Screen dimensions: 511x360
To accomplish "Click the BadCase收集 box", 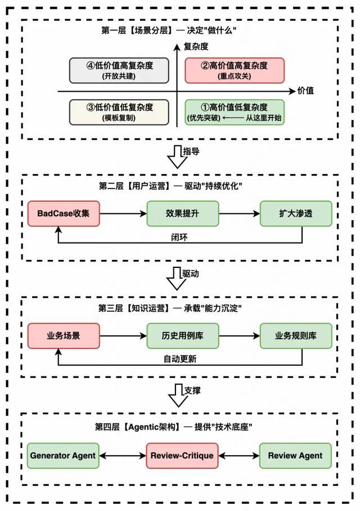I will [x=64, y=213].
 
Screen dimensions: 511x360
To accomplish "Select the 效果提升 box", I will [x=182, y=213].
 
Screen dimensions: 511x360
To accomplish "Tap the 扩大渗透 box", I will [x=296, y=213].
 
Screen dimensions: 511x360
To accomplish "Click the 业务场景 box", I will [x=64, y=336].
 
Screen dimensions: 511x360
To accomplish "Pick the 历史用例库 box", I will [x=182, y=336].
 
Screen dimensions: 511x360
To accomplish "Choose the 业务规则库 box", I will [x=296, y=336].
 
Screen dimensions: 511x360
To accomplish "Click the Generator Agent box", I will [x=64, y=455].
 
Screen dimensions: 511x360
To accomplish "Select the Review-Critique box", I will [x=182, y=455].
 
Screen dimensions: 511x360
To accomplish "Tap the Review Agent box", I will [x=296, y=455].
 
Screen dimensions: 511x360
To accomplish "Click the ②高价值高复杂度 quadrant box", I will [x=235, y=70].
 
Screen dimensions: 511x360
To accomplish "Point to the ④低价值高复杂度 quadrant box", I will [x=119, y=70].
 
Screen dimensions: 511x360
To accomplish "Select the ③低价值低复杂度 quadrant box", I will [x=119, y=111].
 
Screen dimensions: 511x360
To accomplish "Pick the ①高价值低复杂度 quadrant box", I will [x=235, y=111].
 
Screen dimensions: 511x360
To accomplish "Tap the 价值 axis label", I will [x=307, y=91].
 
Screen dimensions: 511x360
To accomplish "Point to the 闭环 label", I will [x=179, y=236].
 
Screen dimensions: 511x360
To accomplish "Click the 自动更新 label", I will [x=179, y=358].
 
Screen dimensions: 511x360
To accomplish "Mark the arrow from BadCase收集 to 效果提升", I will [x=123, y=213].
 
